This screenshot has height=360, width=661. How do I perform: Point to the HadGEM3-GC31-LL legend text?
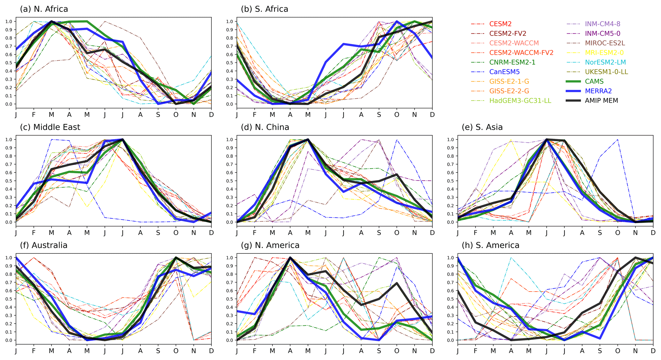pos(520,100)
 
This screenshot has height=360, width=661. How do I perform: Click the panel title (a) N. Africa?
pos(44,9)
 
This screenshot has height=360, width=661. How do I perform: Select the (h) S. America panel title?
pos(491,245)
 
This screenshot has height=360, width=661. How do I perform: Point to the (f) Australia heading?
pos(43,245)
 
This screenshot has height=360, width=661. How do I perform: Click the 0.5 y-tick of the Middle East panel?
pos(9,181)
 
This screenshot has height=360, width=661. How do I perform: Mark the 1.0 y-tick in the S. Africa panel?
pos(230,21)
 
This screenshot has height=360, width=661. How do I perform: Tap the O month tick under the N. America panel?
pos(397,351)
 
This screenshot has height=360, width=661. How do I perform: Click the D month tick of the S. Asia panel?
pos(653,233)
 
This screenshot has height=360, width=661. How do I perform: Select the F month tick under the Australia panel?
pos(34,351)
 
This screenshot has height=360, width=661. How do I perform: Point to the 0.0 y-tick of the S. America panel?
pos(451,340)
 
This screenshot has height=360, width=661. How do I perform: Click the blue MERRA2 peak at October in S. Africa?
pos(397,21)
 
